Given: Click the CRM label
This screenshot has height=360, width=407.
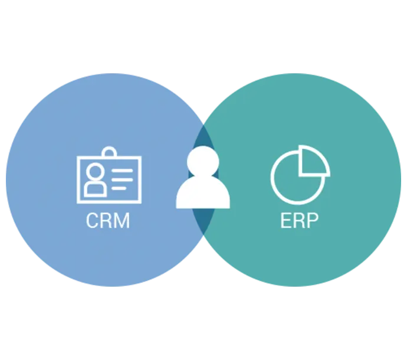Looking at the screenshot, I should (107, 221).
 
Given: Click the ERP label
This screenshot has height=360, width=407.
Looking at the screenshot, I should (299, 221).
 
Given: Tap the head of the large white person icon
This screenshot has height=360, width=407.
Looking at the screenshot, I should (203, 160).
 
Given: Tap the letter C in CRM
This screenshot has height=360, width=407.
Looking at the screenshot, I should (93, 221).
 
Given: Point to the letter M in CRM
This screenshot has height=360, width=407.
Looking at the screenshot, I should (122, 221).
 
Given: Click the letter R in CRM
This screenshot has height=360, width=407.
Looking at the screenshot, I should (107, 221).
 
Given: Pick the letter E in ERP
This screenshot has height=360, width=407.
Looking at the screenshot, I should (285, 221).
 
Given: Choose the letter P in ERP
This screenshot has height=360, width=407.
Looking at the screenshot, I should (313, 221).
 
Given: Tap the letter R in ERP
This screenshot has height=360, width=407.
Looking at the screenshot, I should (299, 221).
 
